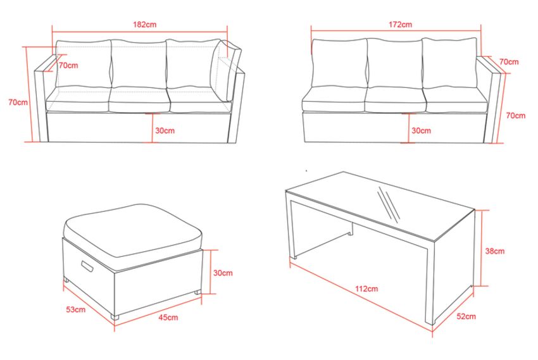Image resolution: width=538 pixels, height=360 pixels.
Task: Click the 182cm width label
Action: tap(144, 25)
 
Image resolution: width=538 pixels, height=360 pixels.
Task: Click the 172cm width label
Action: tap(401, 25)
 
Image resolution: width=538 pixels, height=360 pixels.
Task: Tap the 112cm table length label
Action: tap(366, 289)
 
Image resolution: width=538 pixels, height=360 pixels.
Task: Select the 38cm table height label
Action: tap(495, 251)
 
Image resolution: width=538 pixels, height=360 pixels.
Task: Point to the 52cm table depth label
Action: tap(466, 316)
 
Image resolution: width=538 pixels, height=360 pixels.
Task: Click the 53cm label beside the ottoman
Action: tap(76, 309)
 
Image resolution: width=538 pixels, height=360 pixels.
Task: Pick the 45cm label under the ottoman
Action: tap(168, 317)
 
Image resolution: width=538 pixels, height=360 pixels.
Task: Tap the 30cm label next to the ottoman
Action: tap(223, 273)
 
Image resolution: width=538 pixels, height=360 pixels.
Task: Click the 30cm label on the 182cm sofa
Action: tap(165, 130)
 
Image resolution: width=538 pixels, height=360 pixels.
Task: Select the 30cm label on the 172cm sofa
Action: tap(422, 130)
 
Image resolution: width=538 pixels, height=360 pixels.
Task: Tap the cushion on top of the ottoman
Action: tap(134, 230)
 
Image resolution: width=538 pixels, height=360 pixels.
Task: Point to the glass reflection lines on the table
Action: tap(389, 205)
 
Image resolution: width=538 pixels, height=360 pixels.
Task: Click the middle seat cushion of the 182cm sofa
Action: tap(139, 100)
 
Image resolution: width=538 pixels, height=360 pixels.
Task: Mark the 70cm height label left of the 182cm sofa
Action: tap(18, 102)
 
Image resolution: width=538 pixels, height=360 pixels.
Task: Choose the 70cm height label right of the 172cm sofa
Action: tap(516, 116)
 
